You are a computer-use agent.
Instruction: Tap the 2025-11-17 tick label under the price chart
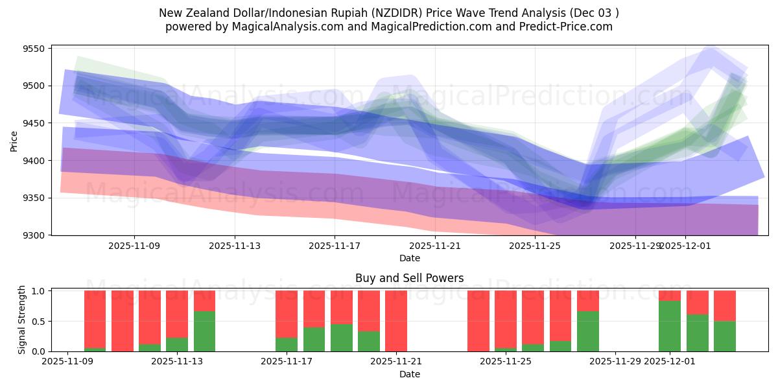click(335, 246)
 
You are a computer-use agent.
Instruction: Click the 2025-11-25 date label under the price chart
click(535, 246)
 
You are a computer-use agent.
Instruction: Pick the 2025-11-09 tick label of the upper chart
click(134, 246)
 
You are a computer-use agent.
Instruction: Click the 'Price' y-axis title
click(14, 140)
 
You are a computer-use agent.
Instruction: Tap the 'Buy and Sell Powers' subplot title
click(409, 279)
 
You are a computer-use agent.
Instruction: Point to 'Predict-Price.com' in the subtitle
click(568, 27)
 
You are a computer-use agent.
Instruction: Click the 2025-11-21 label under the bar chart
click(396, 362)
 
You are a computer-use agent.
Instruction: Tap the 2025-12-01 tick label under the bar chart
click(670, 362)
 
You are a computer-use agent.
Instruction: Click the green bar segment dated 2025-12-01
click(670, 326)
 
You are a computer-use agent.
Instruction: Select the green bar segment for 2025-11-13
click(204, 331)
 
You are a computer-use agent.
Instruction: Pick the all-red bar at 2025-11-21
click(396, 321)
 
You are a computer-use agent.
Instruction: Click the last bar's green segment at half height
click(725, 336)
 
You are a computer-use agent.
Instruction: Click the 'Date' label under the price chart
click(409, 258)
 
